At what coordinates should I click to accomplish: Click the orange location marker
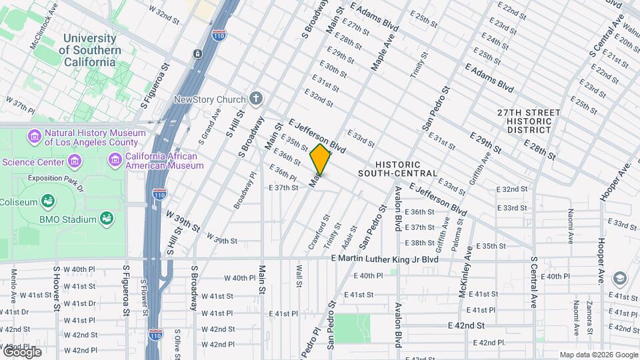coord(321,159)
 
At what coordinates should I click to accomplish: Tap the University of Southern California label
coord(90,51)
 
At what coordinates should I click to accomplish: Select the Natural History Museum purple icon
coord(34,137)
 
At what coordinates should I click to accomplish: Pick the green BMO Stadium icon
coord(106,218)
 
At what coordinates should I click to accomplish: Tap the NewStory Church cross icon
coord(256,100)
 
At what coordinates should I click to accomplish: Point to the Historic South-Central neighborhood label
coord(397,169)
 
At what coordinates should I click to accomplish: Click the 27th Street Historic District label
coord(525,121)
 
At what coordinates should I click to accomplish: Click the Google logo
coord(22,352)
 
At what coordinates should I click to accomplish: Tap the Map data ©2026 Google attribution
coord(599,355)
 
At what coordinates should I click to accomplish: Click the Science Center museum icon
coord(75,162)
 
